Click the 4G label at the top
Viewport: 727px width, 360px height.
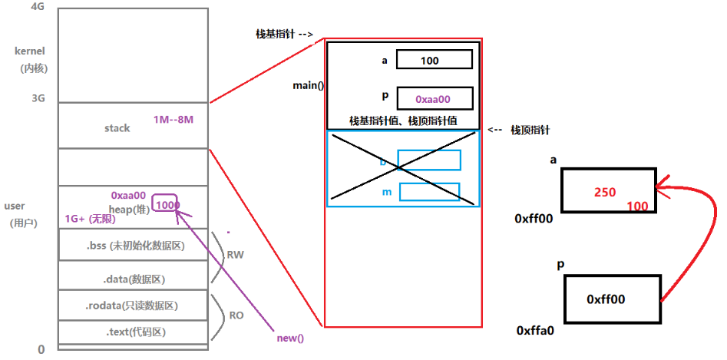click(x=38, y=6)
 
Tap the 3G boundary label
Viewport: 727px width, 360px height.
click(x=38, y=98)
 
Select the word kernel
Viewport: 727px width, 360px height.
click(x=31, y=51)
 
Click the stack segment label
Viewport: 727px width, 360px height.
click(x=117, y=128)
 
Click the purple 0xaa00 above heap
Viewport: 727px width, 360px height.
click(x=128, y=196)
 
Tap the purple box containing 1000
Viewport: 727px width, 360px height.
click(x=167, y=205)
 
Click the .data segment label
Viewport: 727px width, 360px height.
click(x=134, y=279)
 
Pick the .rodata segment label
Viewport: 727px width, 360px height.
click(x=134, y=306)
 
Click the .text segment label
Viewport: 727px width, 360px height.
click(x=135, y=332)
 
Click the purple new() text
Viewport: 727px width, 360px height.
click(x=290, y=338)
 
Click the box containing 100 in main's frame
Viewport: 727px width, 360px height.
click(x=435, y=60)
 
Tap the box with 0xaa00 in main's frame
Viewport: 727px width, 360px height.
click(x=435, y=99)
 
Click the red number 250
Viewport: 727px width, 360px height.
click(x=605, y=193)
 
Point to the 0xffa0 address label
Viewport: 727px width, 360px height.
click(x=535, y=331)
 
